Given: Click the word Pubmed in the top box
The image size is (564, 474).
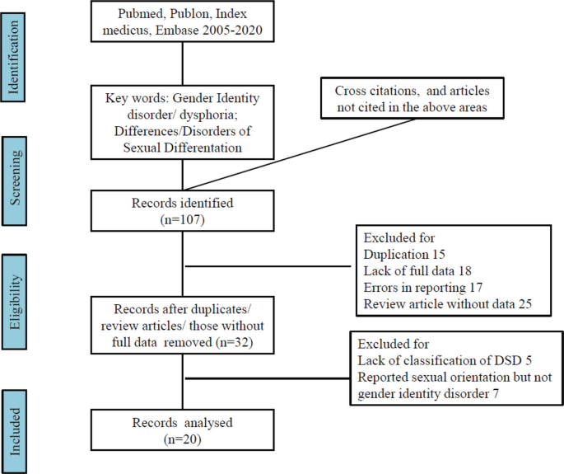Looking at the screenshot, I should pyautogui.click(x=141, y=15).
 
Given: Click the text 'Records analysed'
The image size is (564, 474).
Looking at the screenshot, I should pyautogui.click(x=182, y=423).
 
